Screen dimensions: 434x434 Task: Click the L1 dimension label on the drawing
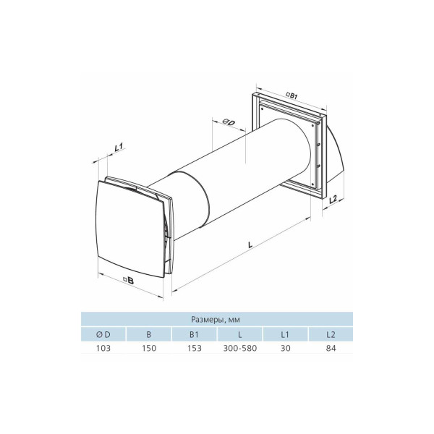point(119,147)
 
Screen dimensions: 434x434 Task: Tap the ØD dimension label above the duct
point(229,122)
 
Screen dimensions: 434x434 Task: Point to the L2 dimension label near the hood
point(333,199)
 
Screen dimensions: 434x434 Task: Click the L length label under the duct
point(250,244)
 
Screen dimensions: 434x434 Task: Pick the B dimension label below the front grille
point(129,281)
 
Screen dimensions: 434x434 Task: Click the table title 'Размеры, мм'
point(216,320)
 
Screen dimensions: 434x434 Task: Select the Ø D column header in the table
point(103,334)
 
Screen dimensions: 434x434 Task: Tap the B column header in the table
point(149,334)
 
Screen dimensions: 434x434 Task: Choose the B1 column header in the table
point(195,334)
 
